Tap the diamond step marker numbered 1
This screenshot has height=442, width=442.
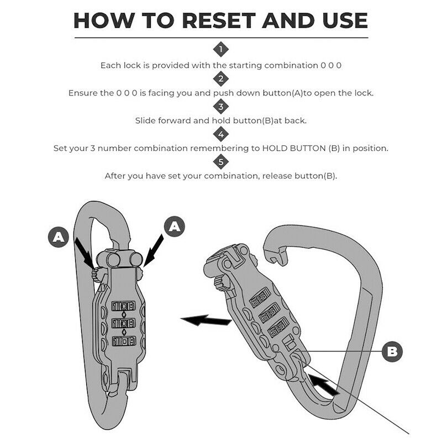(x=221, y=50)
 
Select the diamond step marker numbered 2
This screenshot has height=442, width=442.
(x=221, y=78)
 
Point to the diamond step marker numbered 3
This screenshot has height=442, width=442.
(x=221, y=106)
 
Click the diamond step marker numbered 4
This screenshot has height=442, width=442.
(x=221, y=134)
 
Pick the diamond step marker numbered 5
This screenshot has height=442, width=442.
(x=221, y=162)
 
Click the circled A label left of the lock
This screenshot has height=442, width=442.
(x=57, y=238)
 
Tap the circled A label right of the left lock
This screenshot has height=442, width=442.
(x=175, y=227)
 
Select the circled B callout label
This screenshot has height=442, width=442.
(x=392, y=350)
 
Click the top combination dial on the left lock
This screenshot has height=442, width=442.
(x=123, y=306)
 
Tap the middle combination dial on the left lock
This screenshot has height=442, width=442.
(x=123, y=323)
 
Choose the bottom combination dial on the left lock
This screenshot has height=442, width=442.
(x=123, y=340)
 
